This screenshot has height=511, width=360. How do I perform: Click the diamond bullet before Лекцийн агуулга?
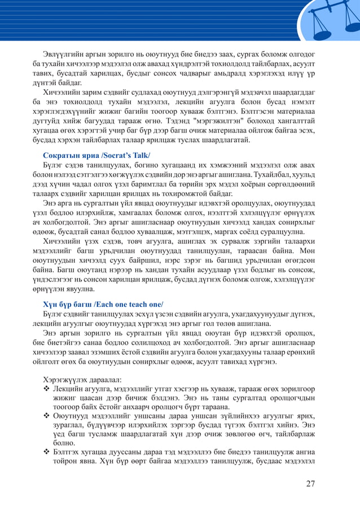pyautogui.click(x=46, y=389)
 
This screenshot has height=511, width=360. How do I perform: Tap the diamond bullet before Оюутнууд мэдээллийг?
pyautogui.click(x=46, y=416)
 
